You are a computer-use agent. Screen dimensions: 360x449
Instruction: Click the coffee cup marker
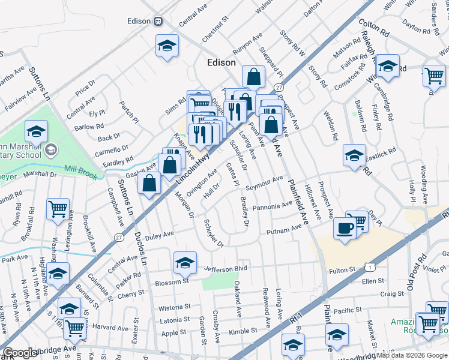345,229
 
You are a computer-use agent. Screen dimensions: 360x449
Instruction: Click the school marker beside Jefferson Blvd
185,262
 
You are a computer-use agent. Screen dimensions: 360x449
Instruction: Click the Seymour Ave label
264,183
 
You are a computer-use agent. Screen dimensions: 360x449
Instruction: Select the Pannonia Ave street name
273,207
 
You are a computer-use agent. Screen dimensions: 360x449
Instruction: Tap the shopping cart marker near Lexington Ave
58,210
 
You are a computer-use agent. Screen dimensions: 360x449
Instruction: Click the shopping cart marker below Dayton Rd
434,76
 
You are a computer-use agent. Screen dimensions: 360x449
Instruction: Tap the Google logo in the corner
20,352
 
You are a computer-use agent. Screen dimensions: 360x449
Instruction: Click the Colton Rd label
375,26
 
